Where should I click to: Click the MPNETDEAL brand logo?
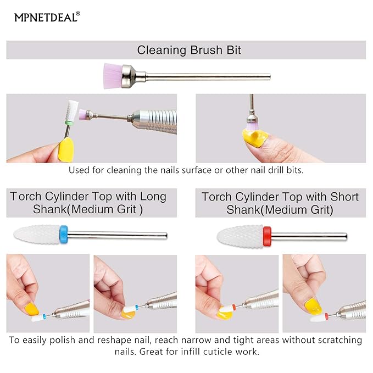[46, 17]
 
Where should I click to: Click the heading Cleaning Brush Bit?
[189, 51]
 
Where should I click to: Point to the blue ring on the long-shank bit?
[63, 235]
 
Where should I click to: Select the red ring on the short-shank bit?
[268, 236]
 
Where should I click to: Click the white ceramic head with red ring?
[241, 236]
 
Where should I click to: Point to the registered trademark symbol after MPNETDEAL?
[77, 14]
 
